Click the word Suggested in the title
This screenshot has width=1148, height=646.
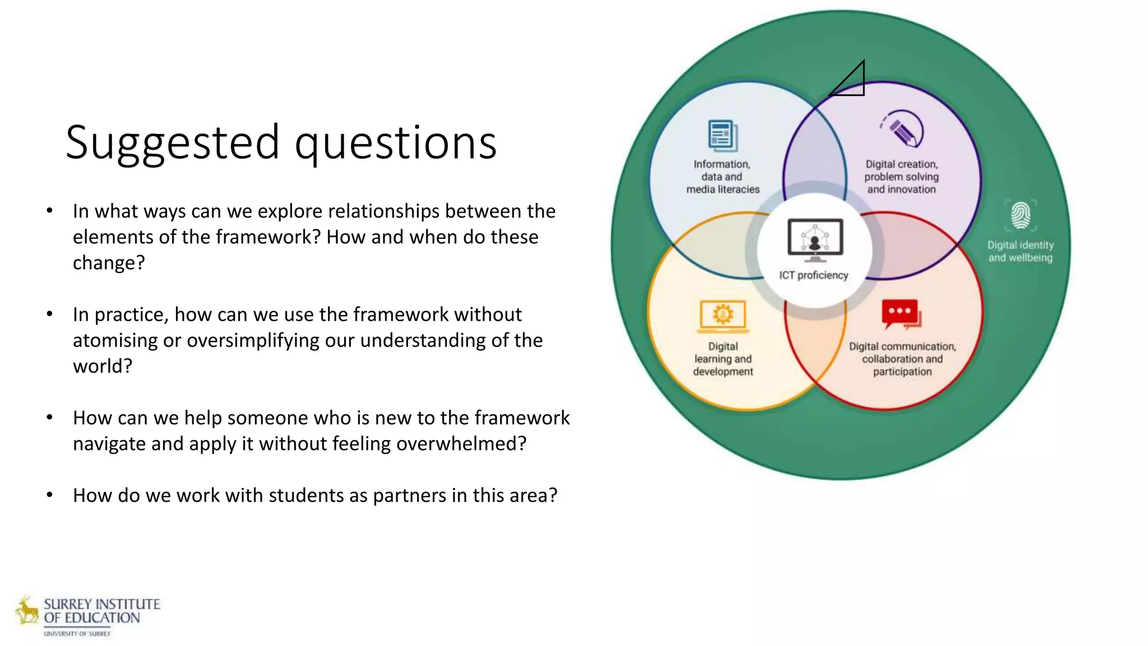click(x=172, y=143)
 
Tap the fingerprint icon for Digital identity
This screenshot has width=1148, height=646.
click(x=1020, y=216)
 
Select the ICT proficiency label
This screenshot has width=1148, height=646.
click(x=813, y=275)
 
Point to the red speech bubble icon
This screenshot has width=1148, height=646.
click(x=901, y=314)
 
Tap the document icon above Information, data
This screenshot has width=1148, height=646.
click(x=723, y=136)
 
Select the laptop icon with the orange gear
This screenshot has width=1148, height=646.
click(x=723, y=316)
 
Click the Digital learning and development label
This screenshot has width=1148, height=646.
click(x=723, y=359)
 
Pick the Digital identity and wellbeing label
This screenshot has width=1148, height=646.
click(x=1020, y=251)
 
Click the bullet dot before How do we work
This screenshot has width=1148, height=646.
click(x=50, y=495)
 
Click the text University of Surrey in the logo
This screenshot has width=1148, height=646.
click(x=77, y=634)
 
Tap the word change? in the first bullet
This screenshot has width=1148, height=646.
click(x=109, y=262)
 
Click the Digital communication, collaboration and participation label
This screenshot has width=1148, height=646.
click(x=902, y=359)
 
